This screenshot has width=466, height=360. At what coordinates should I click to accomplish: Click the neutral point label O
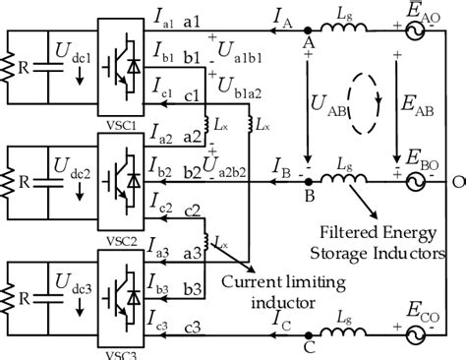click(457, 181)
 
